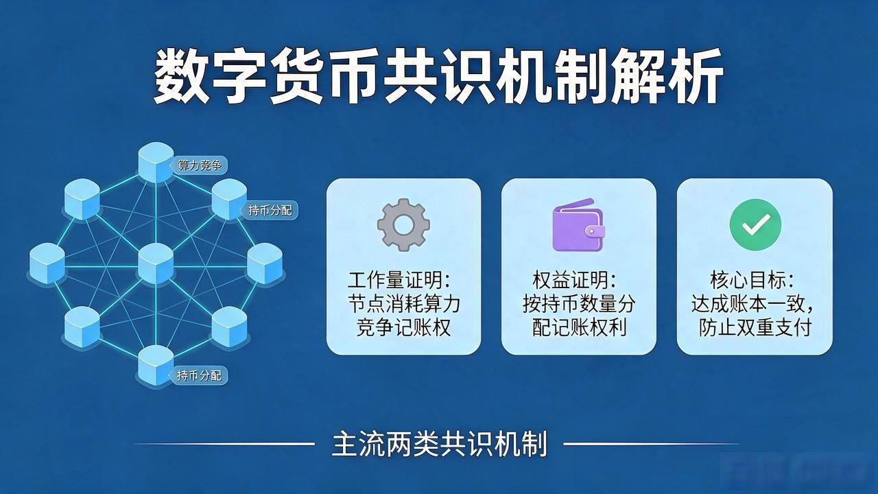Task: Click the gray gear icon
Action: (x=403, y=225)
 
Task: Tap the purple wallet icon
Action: (x=578, y=225)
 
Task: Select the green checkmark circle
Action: (x=755, y=224)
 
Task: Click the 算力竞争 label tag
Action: (x=199, y=165)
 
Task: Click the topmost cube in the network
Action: (x=156, y=163)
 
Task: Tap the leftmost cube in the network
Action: (x=47, y=263)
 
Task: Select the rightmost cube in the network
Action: (x=265, y=263)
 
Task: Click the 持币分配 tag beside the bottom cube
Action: (x=199, y=375)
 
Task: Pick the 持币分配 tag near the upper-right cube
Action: (x=270, y=211)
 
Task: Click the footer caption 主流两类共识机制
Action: (x=440, y=444)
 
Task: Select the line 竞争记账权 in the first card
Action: (x=404, y=328)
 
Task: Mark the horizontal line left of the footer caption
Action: (x=224, y=444)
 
